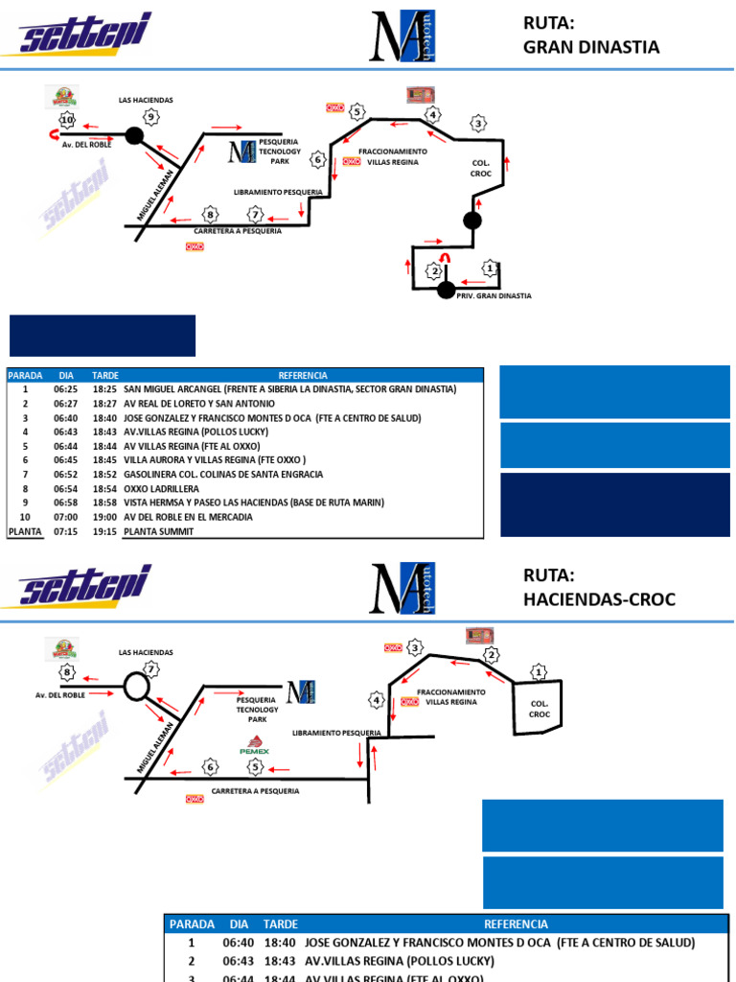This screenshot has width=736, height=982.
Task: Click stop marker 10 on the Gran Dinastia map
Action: point(66,120)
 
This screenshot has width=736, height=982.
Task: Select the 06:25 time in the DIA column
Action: point(66,390)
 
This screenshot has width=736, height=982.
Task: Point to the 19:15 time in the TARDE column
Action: point(104,531)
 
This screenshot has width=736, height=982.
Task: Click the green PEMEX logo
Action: point(254,745)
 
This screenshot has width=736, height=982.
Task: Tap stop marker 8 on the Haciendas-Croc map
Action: point(66,672)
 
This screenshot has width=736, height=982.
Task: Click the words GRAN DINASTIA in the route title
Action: point(590,47)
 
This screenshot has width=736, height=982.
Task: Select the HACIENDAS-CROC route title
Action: point(599,599)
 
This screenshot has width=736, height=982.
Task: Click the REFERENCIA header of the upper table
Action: point(302,376)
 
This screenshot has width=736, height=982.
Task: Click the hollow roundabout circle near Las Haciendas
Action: point(135,688)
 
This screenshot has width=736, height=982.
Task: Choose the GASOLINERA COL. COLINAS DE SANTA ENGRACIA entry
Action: point(223,475)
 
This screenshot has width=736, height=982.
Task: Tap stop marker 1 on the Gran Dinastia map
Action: point(490,269)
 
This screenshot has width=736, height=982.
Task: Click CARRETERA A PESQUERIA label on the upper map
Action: point(238,231)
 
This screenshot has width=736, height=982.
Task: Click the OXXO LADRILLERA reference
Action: point(161,489)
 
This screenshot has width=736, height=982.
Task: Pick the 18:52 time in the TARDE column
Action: point(104,475)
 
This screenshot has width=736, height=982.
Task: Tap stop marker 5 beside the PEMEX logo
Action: point(255,766)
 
